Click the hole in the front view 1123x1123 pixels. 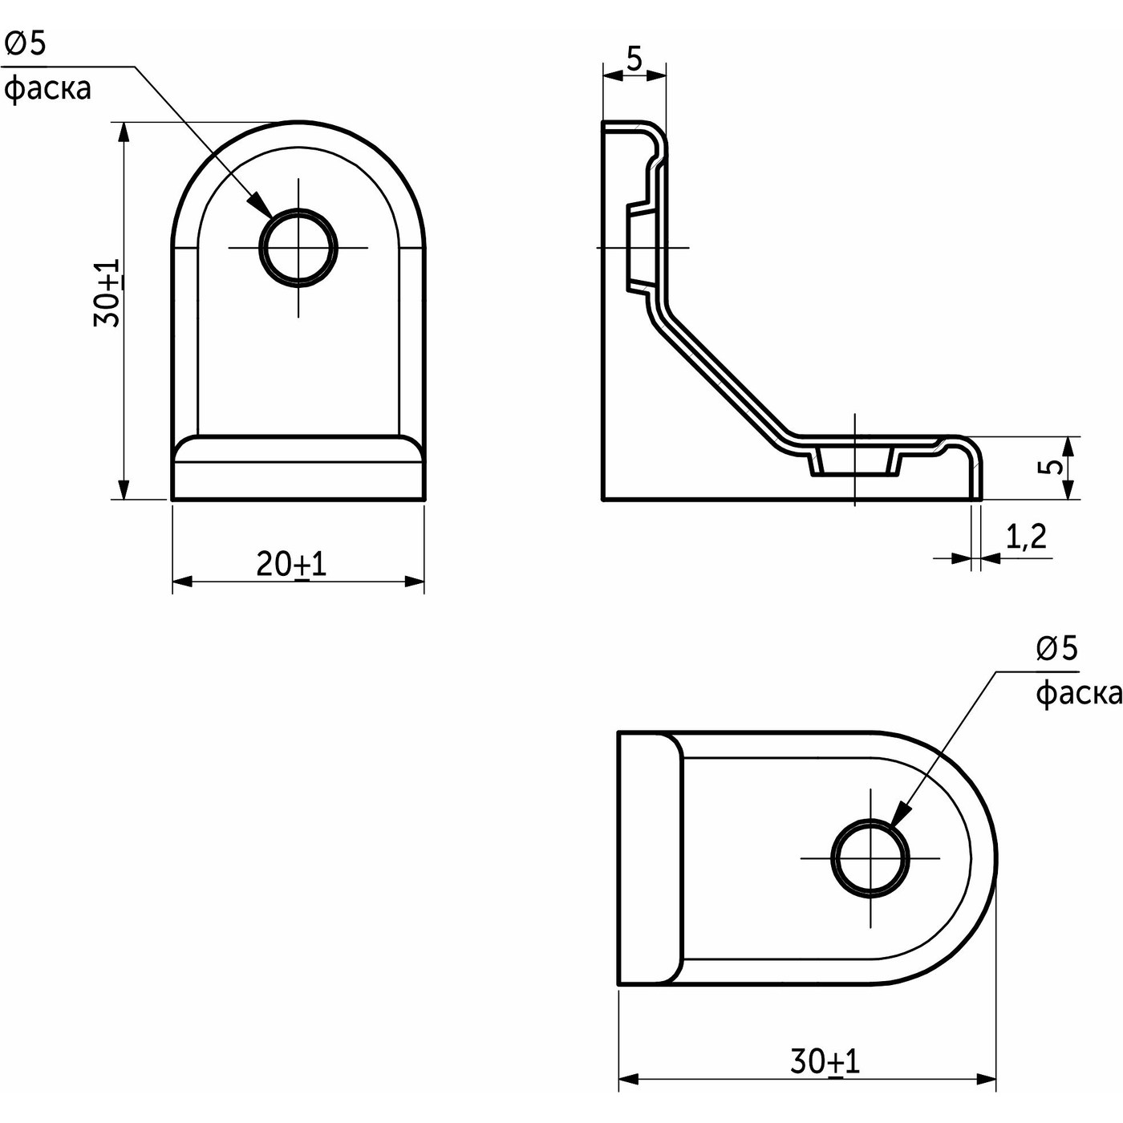tap(298, 247)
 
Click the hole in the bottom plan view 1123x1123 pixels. tap(871, 857)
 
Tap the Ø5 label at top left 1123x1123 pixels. tap(26, 44)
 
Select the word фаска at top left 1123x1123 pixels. tap(47, 87)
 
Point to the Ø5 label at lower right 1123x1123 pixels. tap(1056, 648)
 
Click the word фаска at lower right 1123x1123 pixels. tap(1076, 693)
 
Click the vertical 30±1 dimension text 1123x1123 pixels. tap(107, 293)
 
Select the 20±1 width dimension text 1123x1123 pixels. tap(291, 565)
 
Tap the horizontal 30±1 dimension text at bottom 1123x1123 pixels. tap(825, 1062)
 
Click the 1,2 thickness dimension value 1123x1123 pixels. tap(1026, 536)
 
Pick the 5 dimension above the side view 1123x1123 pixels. tap(634, 59)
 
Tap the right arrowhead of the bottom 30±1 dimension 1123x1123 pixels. tap(986, 1079)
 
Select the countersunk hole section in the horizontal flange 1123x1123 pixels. tap(855, 463)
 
